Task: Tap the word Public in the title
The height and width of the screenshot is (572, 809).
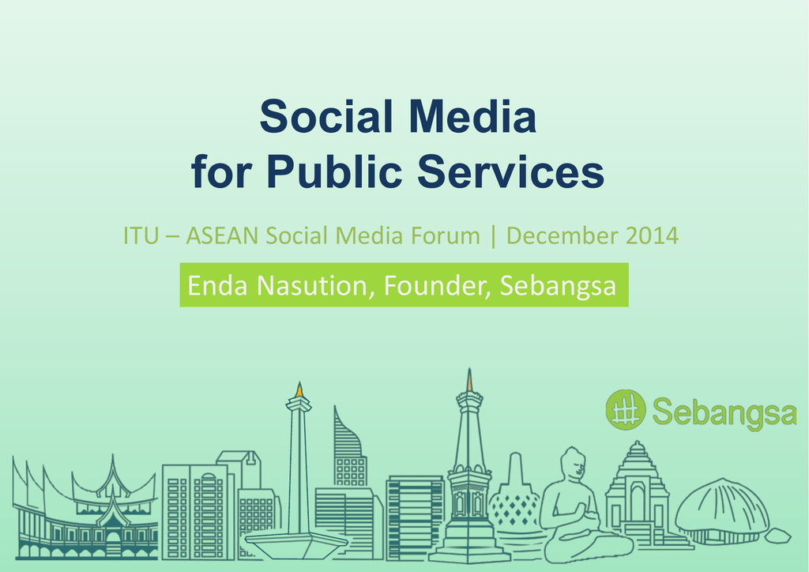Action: tap(334, 171)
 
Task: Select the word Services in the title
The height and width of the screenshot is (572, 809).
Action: tap(511, 171)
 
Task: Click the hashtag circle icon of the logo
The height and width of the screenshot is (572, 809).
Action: tap(626, 409)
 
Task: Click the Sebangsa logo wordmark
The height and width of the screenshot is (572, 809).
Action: tap(724, 412)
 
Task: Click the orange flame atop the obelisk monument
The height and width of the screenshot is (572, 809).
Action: tap(299, 389)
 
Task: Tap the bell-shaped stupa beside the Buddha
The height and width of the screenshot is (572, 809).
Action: tap(514, 495)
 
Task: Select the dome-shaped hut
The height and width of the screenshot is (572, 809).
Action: tap(722, 510)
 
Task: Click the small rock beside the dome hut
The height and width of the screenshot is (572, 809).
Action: tap(777, 536)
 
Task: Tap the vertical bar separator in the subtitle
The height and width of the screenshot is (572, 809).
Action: tap(493, 237)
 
